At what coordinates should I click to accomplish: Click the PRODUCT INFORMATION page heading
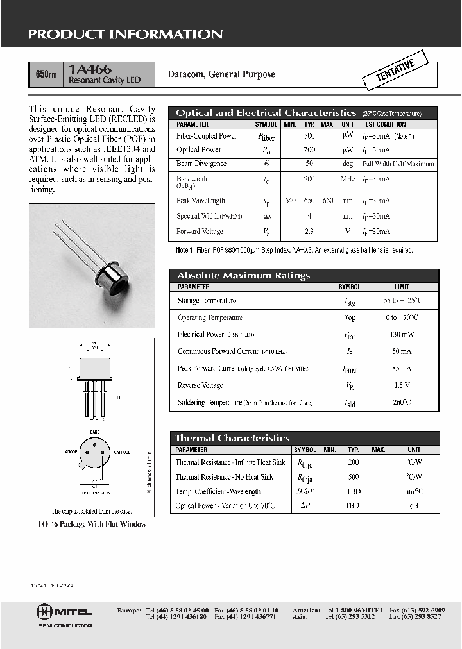125,35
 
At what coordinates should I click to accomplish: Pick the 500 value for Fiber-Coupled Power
309,136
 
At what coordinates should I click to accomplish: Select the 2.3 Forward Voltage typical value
309,232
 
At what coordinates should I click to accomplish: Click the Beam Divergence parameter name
201,164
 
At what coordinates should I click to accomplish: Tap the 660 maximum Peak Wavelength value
328,201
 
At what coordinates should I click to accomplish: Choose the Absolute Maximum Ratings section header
243,276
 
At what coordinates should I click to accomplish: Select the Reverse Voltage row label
200,385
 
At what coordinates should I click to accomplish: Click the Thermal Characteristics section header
232,438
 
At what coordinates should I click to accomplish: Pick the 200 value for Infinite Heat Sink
354,462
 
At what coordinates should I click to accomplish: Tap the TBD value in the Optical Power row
354,505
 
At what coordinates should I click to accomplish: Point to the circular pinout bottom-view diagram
94,457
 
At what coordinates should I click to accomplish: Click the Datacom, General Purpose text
221,74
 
